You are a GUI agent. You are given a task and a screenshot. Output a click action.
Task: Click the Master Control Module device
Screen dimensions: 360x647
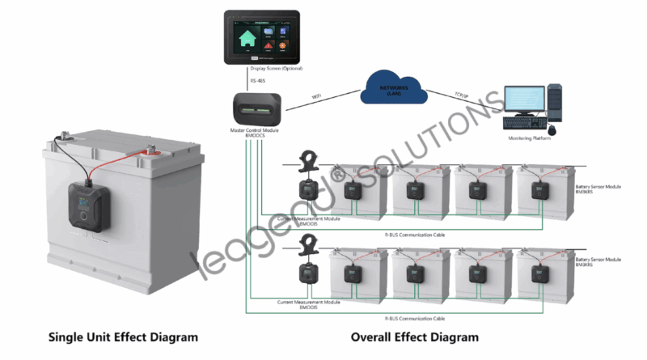point(257,108)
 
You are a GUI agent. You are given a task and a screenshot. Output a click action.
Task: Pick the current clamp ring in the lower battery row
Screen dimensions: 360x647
point(308,244)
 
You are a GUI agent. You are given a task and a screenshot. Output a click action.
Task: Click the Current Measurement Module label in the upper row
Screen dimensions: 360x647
point(308,220)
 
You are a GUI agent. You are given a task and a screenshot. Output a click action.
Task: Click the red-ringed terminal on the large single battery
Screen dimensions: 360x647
point(150,150)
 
